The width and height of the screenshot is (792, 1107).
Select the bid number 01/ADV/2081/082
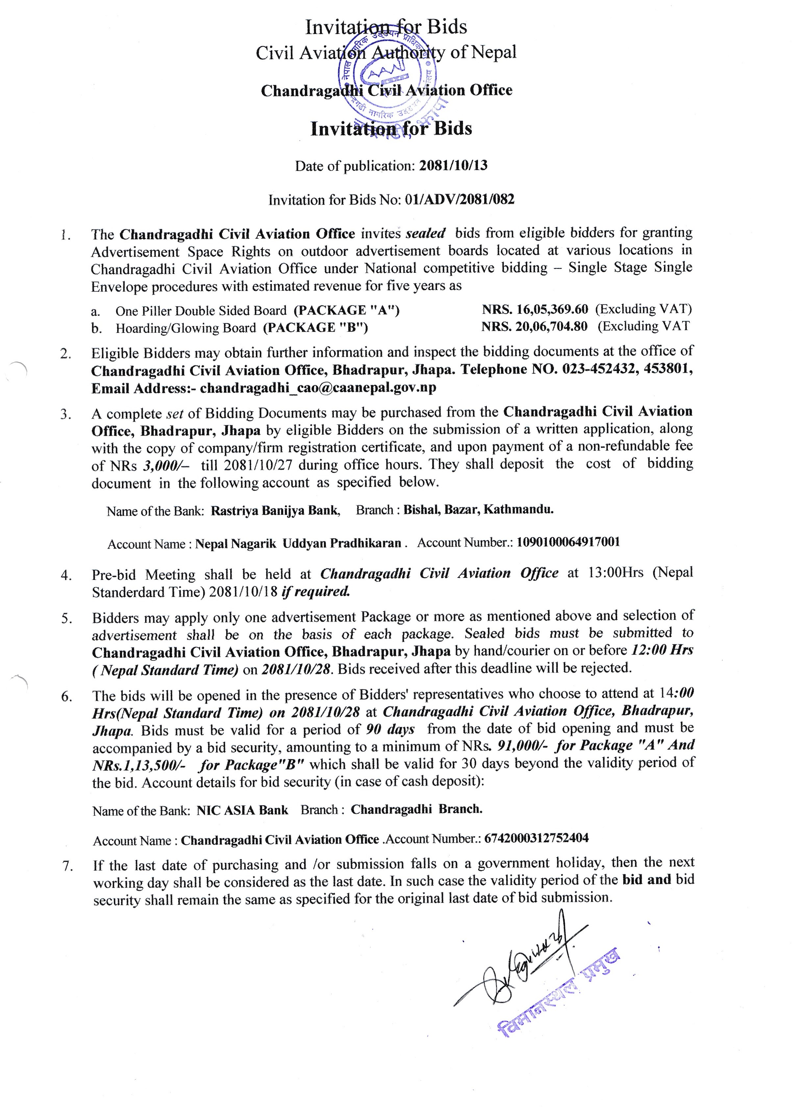459,199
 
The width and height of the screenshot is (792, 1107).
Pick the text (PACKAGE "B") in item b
315,327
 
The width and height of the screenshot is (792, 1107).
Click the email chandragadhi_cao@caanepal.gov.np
318,388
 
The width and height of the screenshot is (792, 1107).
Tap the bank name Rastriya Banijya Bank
275,510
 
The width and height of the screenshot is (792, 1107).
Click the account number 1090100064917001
568,542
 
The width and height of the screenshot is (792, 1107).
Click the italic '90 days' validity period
390,729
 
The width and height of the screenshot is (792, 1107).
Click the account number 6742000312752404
536,838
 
